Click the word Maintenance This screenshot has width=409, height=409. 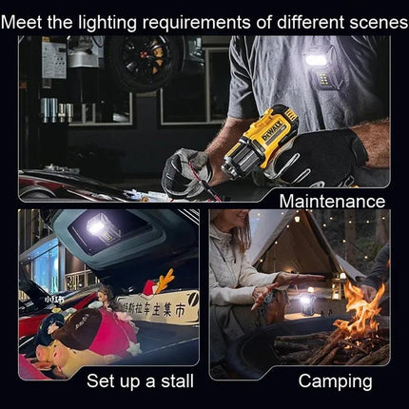[331, 201]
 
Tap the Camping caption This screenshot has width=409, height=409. [335, 381]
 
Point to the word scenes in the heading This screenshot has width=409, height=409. [364, 18]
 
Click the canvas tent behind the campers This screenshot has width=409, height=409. [300, 243]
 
